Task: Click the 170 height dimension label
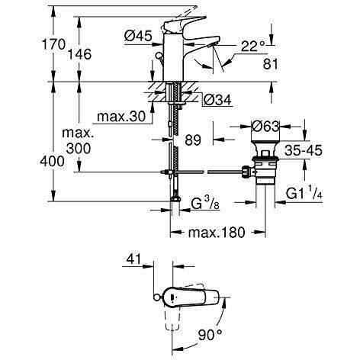click(53, 44)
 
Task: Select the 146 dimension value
click(79, 54)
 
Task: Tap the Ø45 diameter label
click(138, 36)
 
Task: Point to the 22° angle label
click(252, 47)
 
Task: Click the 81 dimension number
click(271, 64)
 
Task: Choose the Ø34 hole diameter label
click(218, 100)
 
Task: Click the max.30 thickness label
click(121, 117)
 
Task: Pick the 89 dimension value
click(193, 140)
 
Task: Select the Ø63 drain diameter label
click(265, 127)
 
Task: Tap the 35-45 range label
click(304, 150)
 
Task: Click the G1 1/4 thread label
click(304, 194)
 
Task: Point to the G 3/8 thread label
click(205, 204)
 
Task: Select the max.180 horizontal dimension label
click(217, 232)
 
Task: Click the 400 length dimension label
click(52, 162)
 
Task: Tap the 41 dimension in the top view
click(133, 259)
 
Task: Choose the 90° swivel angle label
click(211, 335)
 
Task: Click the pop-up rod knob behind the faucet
click(159, 55)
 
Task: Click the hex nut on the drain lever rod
click(246, 172)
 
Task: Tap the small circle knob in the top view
click(156, 297)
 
